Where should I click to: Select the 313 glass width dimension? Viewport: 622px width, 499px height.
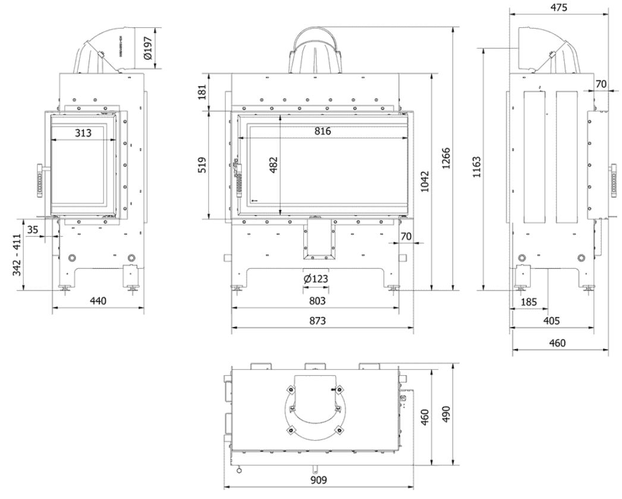click(x=84, y=133)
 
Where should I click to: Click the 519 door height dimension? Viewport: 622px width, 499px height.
click(x=202, y=165)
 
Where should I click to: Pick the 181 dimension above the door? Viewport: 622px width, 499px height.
click(x=202, y=92)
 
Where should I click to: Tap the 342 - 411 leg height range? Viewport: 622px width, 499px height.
click(x=17, y=255)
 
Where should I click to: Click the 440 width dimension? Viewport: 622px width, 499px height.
click(x=98, y=301)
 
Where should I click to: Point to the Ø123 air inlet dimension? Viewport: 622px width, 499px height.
click(x=316, y=279)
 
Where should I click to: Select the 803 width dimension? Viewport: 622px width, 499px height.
click(x=316, y=302)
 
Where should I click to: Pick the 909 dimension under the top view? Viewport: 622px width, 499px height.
click(x=319, y=480)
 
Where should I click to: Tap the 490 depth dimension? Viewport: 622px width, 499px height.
click(x=447, y=413)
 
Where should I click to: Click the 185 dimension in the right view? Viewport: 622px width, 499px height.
click(x=528, y=302)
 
